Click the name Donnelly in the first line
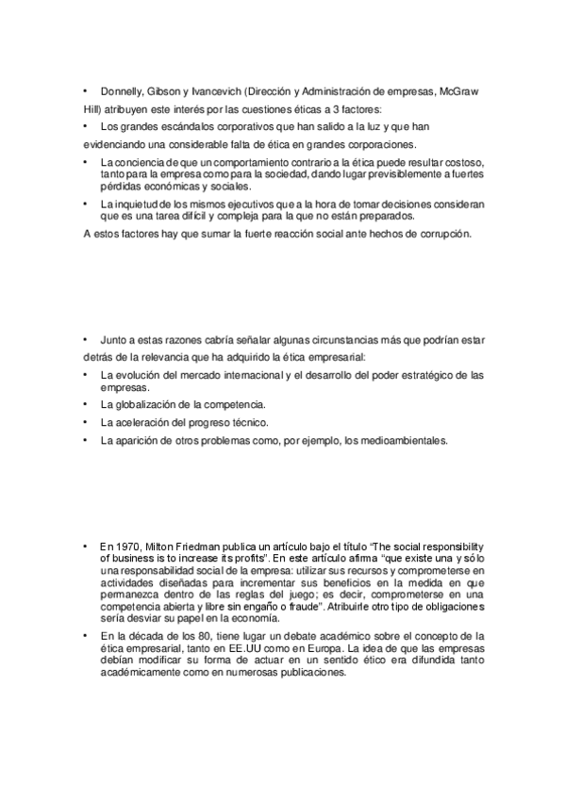(x=121, y=91)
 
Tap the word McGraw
(x=458, y=91)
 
